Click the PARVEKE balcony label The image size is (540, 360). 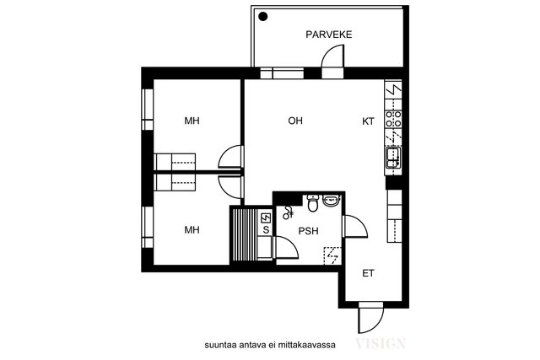pos(328,35)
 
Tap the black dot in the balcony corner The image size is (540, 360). pos(263,16)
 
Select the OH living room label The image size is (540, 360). pos(294,121)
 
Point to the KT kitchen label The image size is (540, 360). pos(368,121)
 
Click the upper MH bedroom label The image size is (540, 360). pos(192,121)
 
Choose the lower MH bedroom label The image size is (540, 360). pos(192,229)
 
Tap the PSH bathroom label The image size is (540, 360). pos(307,229)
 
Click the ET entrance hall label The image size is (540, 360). pos(368,273)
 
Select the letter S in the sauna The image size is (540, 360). pos(266,229)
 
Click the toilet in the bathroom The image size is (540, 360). pos(312,202)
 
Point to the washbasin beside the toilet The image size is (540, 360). pos(330,201)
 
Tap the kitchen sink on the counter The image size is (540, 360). pos(393,155)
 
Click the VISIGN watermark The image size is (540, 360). pos(382,343)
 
